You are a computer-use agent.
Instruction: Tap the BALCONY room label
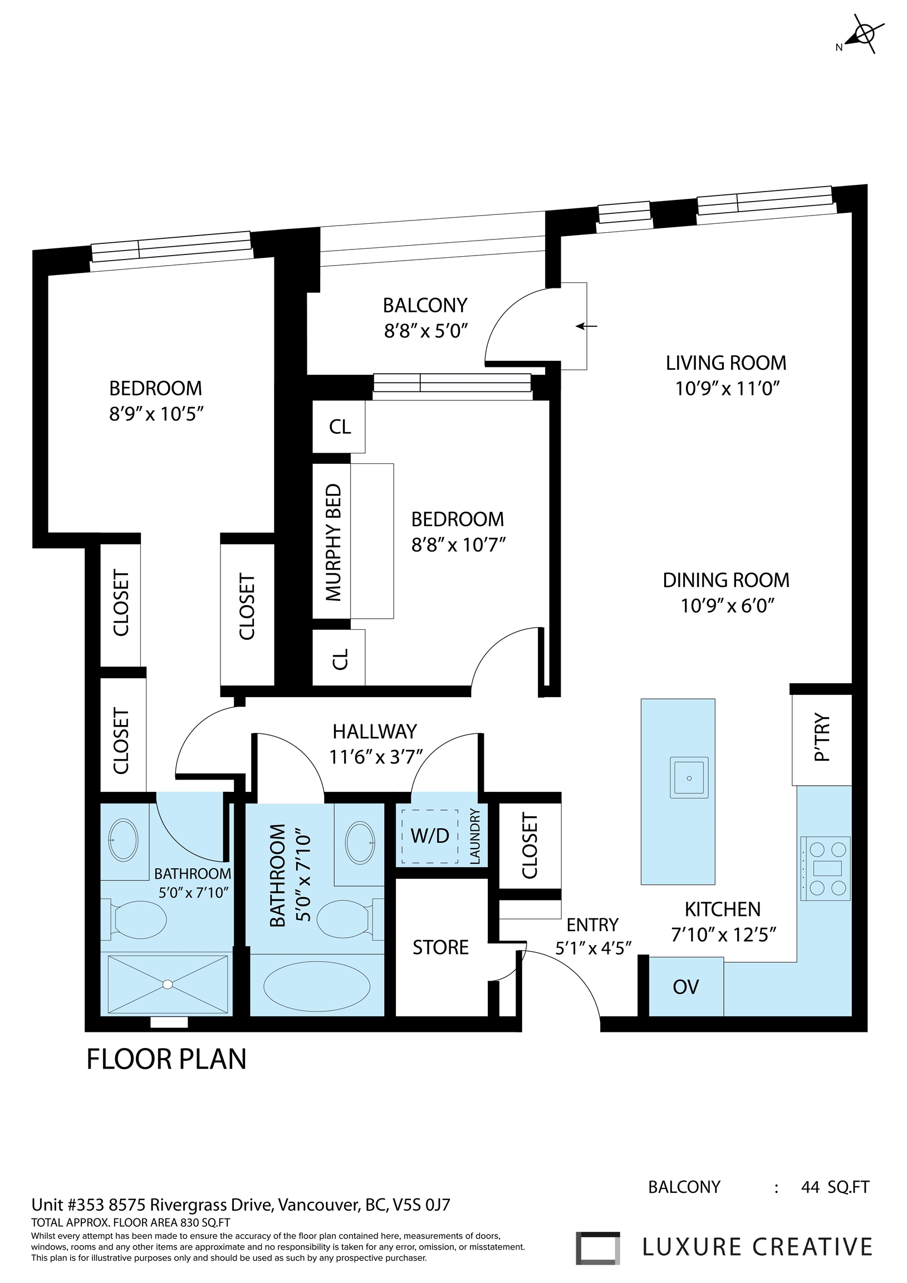click(x=425, y=305)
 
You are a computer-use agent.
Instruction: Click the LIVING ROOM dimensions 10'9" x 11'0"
click(x=727, y=388)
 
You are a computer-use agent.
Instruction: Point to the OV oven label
click(x=686, y=987)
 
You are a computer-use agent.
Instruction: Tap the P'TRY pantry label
click(x=821, y=738)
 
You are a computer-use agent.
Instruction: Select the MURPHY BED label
click(x=333, y=542)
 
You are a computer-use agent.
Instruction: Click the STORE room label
click(x=440, y=947)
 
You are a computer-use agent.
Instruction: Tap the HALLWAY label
click(x=374, y=732)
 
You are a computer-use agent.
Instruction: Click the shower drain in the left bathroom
click(x=167, y=984)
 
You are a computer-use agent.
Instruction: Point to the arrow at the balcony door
click(x=586, y=326)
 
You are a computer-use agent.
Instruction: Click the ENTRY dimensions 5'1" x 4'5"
click(x=593, y=948)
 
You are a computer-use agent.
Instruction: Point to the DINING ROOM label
click(x=726, y=580)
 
